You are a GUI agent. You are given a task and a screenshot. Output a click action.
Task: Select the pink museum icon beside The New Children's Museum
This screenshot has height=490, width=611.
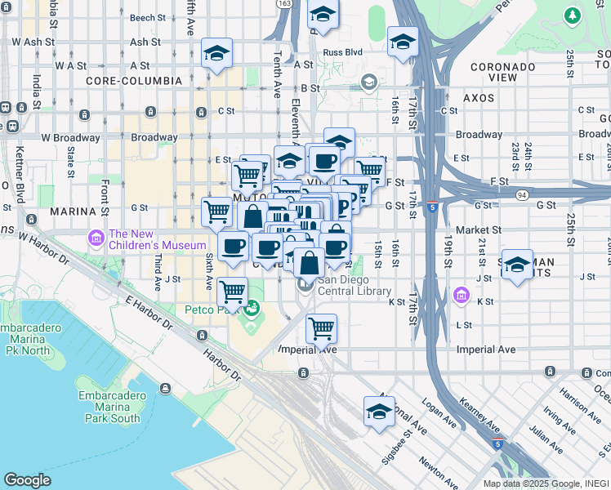pyautogui.click(x=96, y=238)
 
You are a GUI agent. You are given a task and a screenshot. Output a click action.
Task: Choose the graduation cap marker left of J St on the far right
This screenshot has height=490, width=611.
pyautogui.click(x=517, y=265)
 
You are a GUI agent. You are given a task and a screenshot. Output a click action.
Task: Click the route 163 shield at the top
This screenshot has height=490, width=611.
pyautogui.click(x=283, y=4)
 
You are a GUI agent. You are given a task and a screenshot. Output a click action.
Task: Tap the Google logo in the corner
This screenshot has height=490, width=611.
pyautogui.click(x=27, y=479)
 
